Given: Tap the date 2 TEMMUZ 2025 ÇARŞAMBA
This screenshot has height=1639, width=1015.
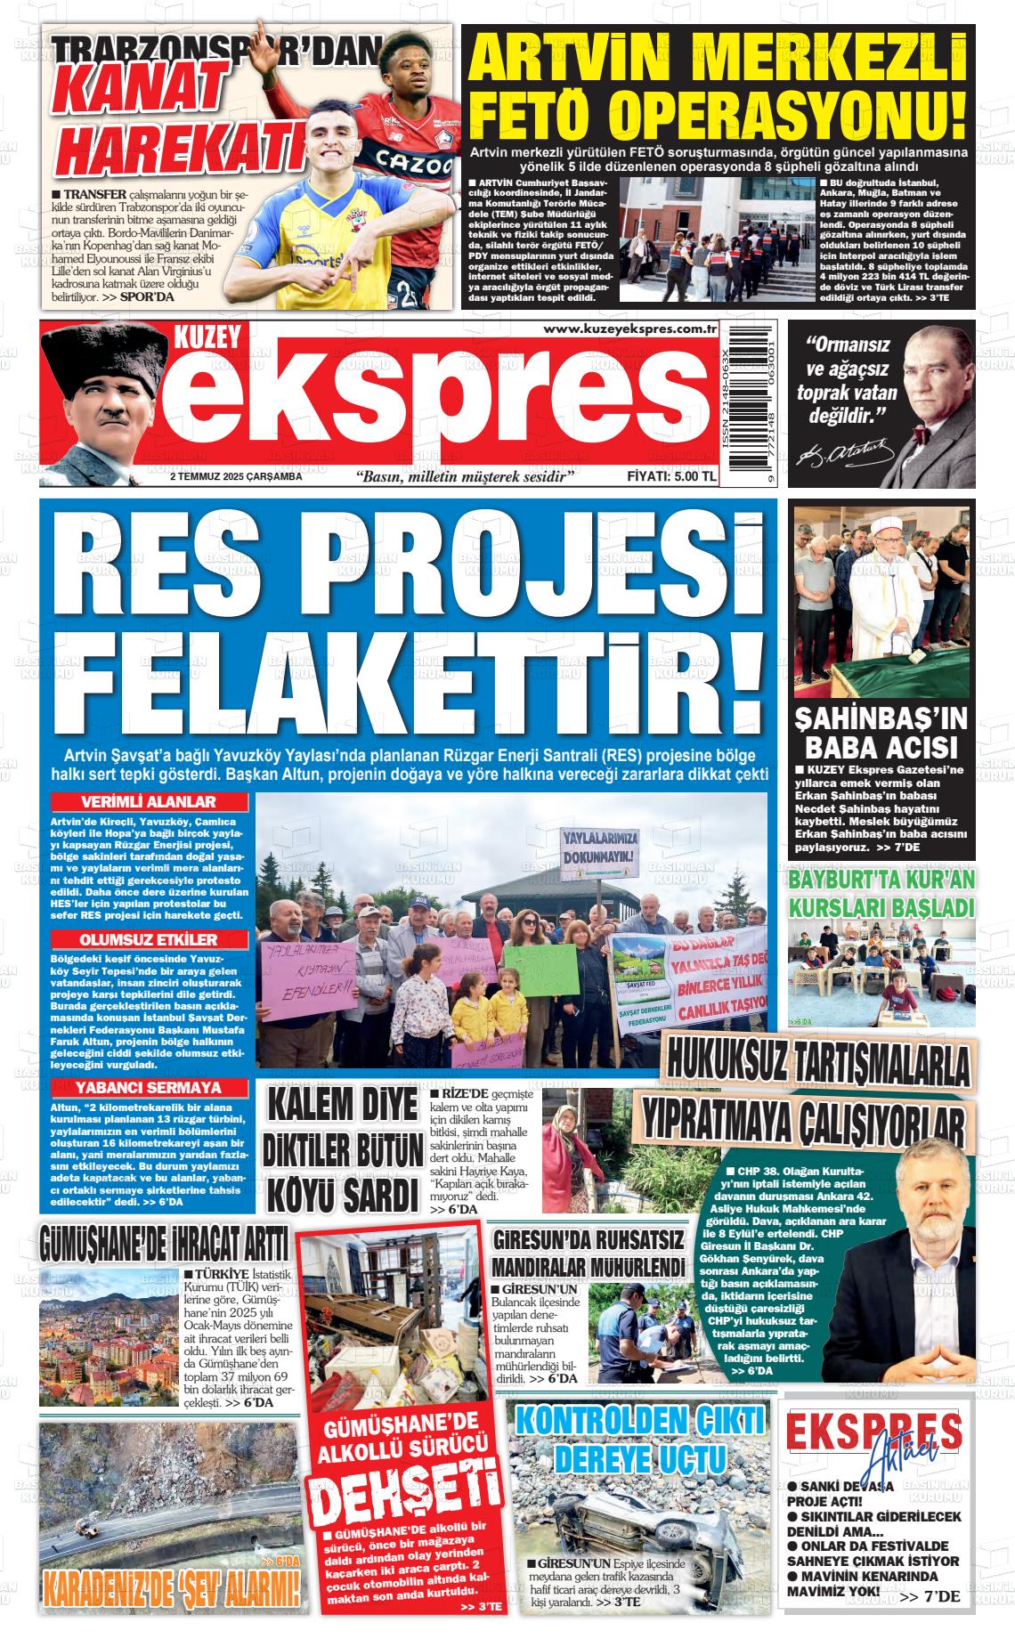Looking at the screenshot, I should pos(236,476).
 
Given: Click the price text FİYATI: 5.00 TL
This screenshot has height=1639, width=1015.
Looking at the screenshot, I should pos(671,476).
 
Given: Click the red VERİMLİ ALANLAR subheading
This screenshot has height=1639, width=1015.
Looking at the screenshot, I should pos(149,801).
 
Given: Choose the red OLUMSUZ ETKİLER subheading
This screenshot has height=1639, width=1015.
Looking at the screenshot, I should pos(149,940).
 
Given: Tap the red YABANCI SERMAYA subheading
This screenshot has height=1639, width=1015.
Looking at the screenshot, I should pos(149,1088).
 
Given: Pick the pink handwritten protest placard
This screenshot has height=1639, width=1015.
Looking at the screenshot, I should pos(310,978).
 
